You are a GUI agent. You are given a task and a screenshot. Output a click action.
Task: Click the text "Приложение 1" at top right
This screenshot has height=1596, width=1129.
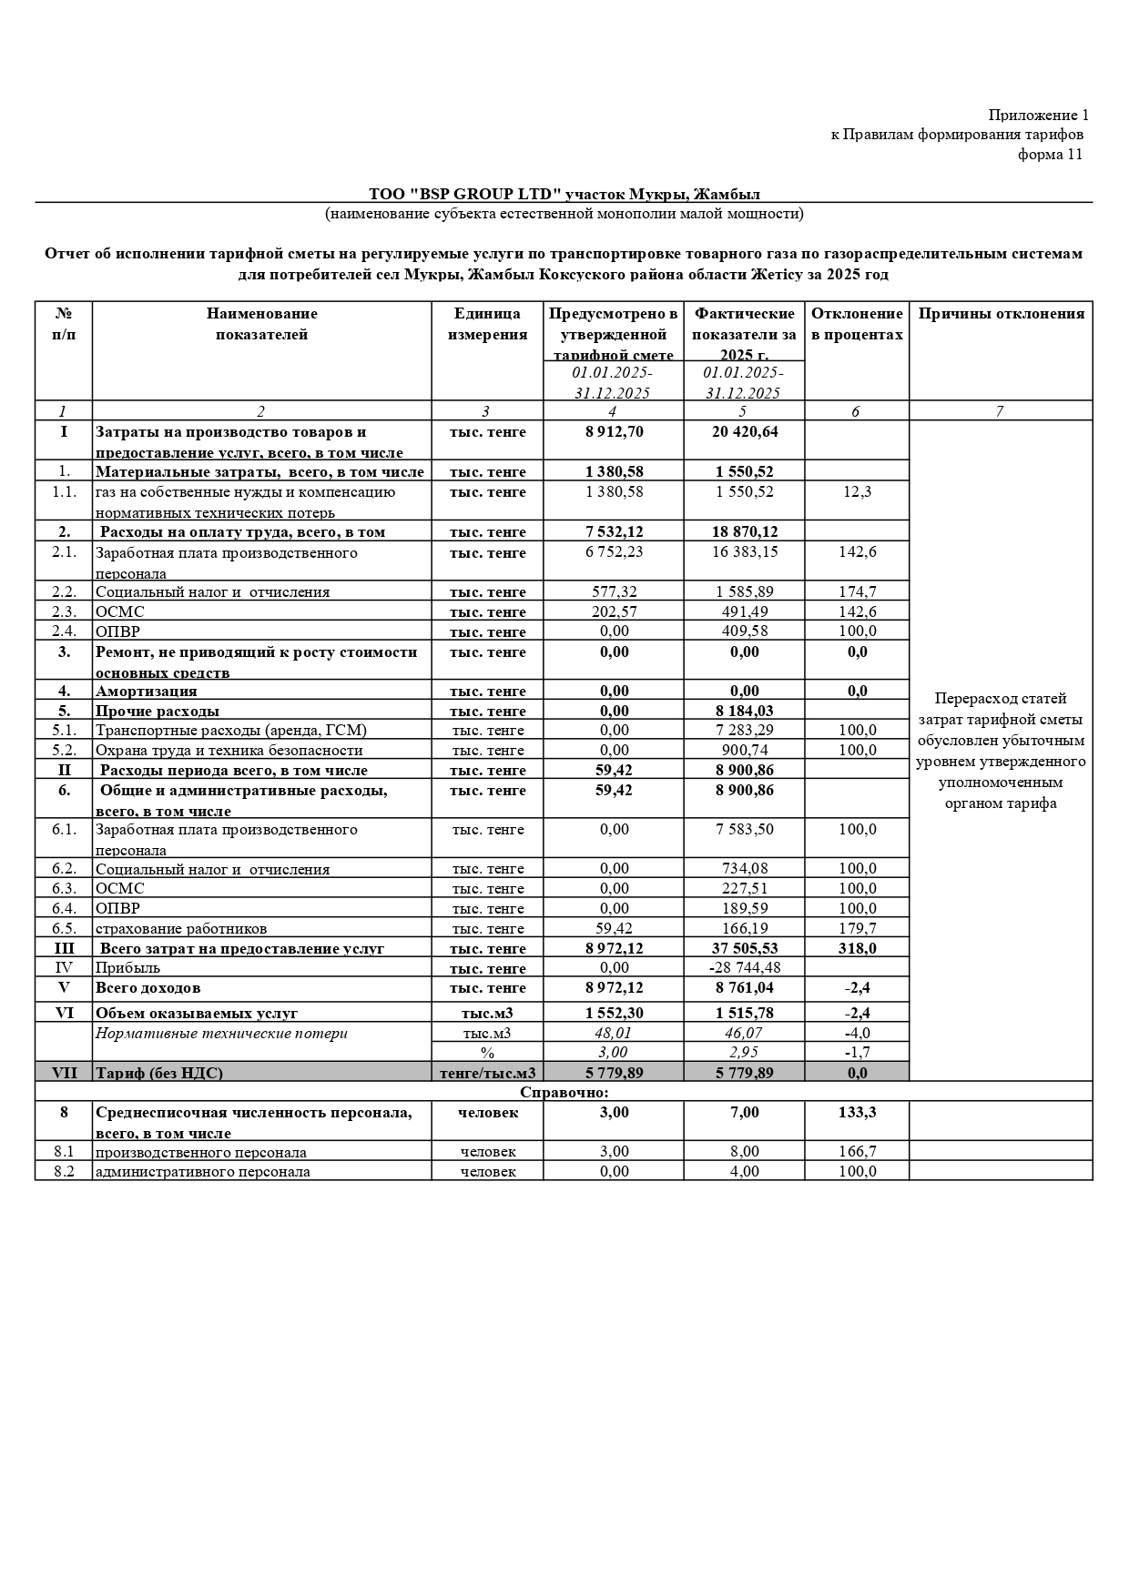coord(1038,116)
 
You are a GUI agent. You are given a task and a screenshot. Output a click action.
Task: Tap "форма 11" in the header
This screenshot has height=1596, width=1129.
coord(1050,155)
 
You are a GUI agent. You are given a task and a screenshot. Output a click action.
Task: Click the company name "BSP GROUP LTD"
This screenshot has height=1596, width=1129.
coord(485,194)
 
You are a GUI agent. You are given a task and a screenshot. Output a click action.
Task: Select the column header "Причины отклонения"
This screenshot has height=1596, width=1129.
coord(1001,314)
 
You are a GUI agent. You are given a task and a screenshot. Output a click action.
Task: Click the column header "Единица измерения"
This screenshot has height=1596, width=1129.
coord(487,324)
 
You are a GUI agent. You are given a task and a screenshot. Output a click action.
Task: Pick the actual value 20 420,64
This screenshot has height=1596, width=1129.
coord(744,431)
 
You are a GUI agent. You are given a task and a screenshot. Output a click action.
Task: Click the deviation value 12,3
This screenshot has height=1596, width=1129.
coord(856,491)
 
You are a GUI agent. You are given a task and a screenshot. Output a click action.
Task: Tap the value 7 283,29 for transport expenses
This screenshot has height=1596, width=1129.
coord(744,730)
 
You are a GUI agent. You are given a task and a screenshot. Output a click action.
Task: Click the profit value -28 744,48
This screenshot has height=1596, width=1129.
coord(744,967)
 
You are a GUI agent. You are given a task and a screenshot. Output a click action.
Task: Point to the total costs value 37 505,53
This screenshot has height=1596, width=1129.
coord(744,948)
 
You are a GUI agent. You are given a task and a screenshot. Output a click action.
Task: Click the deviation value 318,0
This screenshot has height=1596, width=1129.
coord(856,948)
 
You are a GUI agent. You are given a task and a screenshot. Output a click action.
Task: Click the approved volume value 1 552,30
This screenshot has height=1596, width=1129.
coord(614,1013)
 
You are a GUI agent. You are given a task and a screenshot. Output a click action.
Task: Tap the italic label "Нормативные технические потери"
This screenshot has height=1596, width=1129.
coord(221,1033)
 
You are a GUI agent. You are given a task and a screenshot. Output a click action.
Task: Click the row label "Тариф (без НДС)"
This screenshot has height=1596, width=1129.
coord(159,1073)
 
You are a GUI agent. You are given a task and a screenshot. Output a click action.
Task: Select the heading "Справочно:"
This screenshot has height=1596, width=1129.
coord(564,1092)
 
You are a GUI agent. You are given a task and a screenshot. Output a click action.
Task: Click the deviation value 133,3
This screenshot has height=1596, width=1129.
coord(856,1112)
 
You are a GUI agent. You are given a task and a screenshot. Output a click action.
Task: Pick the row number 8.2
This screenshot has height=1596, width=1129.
coord(64,1171)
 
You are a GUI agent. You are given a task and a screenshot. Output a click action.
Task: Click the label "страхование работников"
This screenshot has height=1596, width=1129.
coord(181,928)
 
